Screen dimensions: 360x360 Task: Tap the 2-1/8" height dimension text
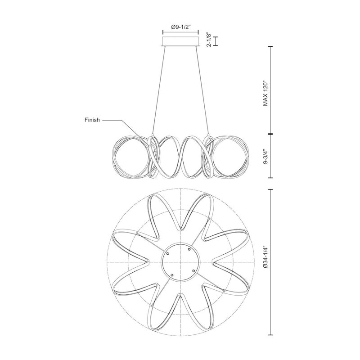tap(209, 40)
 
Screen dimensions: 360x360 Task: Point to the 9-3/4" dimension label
tap(265, 156)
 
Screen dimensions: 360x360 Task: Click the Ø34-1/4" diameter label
tap(265, 257)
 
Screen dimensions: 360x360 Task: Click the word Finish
tap(92, 120)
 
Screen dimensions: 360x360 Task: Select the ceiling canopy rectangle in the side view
tap(180, 41)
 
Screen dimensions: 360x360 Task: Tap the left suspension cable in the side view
tap(158, 90)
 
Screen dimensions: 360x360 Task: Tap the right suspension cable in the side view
tap(202, 90)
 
